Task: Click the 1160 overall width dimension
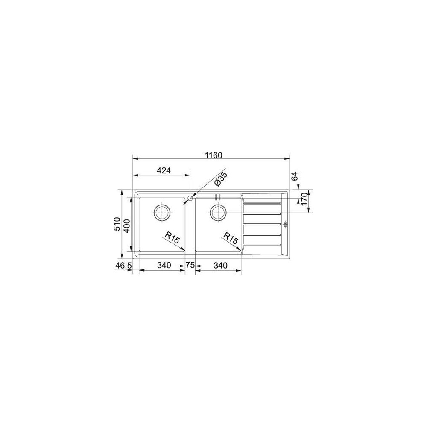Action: pos(213,155)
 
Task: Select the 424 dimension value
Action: pos(164,171)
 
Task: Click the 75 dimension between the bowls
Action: pos(190,266)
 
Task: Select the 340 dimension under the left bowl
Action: pos(164,266)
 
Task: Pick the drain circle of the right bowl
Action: pos(218,211)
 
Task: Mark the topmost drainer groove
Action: pos(261,202)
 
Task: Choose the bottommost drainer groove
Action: pos(261,245)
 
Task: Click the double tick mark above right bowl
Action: pos(218,196)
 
